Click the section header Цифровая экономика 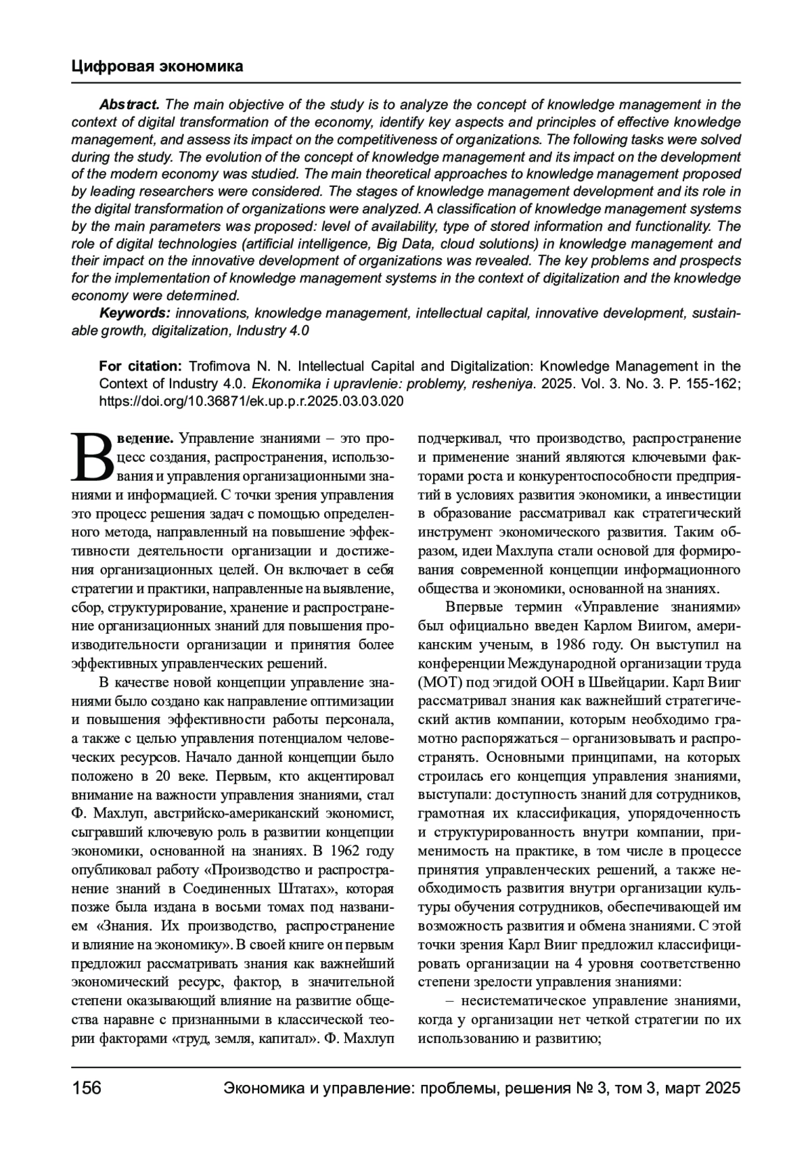tap(157, 66)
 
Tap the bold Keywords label tap(135, 314)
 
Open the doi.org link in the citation tap(252, 401)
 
